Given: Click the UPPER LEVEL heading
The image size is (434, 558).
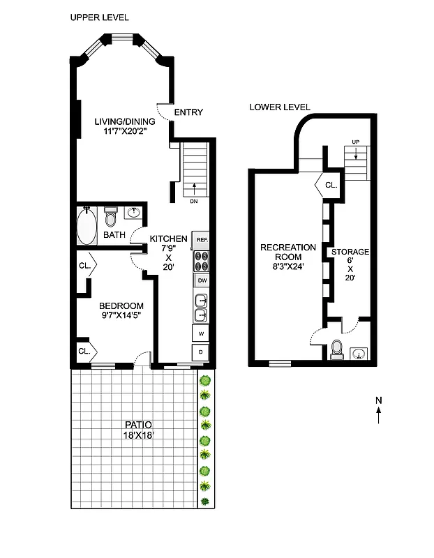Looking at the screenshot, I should (99, 17).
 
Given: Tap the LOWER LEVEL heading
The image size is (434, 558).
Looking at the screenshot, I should (280, 107).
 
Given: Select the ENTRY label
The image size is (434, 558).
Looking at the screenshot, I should (188, 112).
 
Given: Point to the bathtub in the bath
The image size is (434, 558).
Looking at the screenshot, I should (87, 226).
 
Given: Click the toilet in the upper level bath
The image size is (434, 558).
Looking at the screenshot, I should (110, 217).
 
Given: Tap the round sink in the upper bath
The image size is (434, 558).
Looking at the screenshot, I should (134, 213).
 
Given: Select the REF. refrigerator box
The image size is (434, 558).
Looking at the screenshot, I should (202, 240).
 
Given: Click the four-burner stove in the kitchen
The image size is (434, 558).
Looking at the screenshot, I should (202, 260).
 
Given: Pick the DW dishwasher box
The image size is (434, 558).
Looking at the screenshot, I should (202, 281).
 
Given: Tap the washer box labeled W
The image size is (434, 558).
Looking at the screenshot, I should (201, 334).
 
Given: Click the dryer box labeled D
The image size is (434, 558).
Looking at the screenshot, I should (201, 352).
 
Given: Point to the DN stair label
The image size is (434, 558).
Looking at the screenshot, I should (193, 202).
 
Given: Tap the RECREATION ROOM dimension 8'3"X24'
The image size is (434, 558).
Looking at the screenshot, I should (288, 266).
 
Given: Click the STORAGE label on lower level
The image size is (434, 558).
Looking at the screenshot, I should (350, 252).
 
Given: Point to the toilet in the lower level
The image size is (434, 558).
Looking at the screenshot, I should (336, 349).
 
